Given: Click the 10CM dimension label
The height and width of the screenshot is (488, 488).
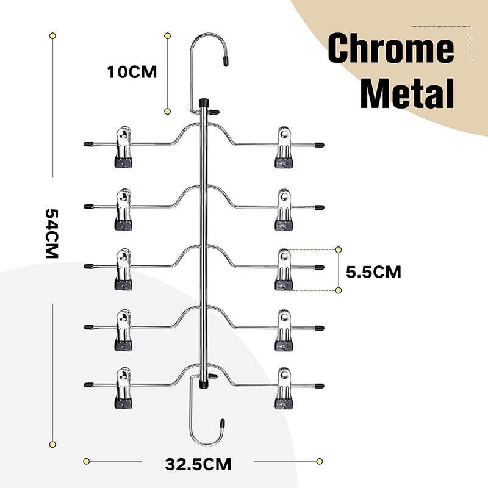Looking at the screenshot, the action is point(132,72).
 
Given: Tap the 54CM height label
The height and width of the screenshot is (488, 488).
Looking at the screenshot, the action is point(52,234).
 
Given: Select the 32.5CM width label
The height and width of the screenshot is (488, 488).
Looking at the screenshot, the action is point(198,464).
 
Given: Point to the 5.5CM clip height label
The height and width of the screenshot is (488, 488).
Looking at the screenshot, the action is point(373,272).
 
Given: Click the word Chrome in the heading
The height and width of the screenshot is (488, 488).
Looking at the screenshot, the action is point(391,48).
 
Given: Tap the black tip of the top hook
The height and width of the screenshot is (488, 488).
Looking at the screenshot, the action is point(226,60).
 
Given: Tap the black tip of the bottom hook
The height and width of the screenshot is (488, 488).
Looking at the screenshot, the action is point(223,424).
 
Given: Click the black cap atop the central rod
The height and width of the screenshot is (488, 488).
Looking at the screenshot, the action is point(204,102).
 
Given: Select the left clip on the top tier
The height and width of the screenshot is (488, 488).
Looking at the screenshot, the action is point(123,147).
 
